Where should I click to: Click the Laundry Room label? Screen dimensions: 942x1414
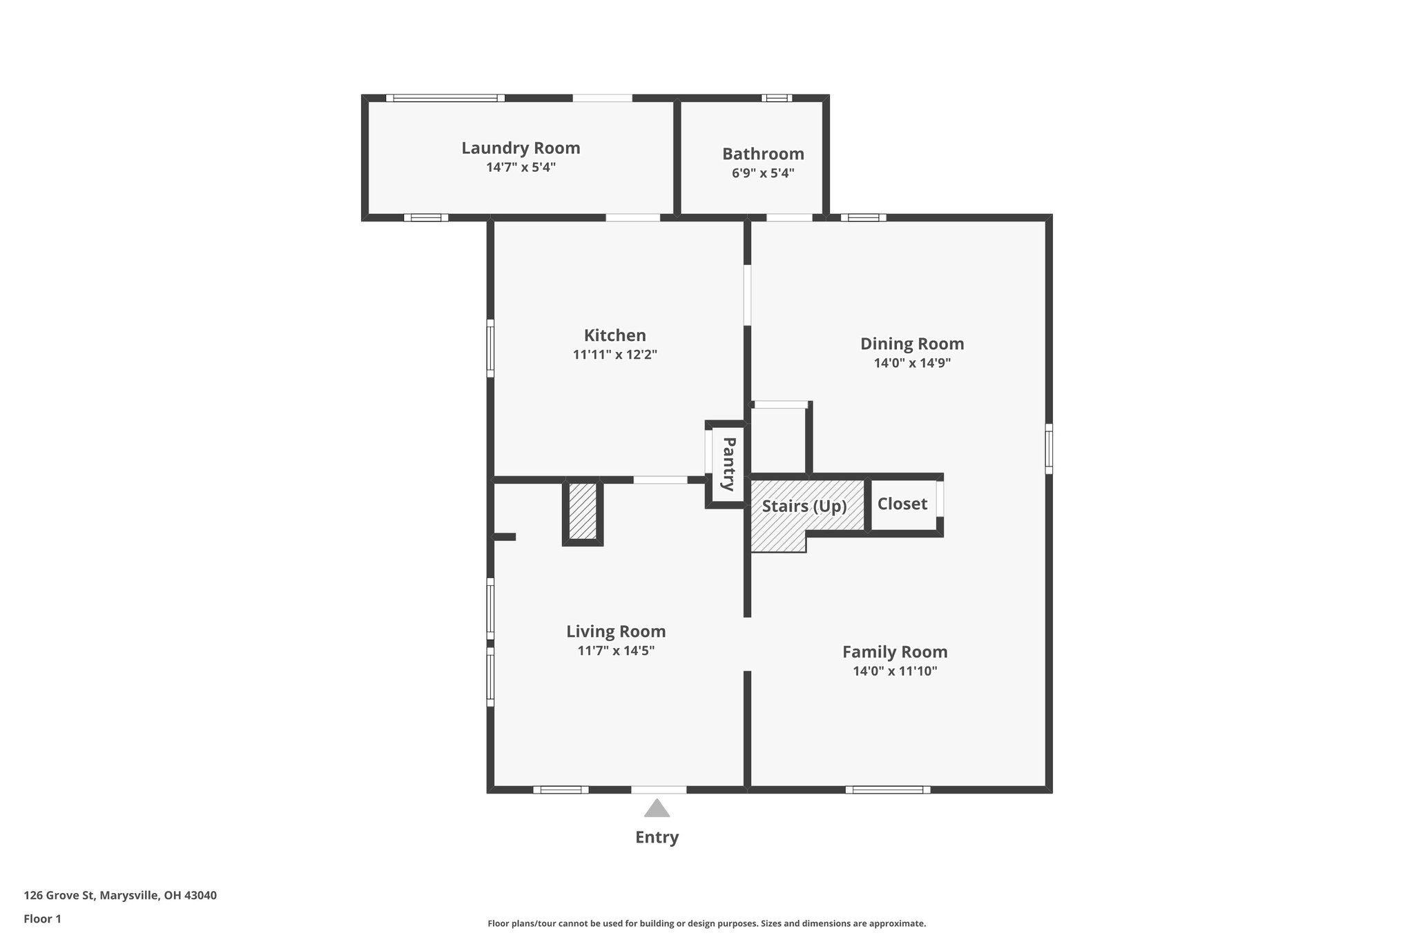[x=521, y=148]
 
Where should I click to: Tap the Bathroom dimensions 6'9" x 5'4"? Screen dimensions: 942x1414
[x=763, y=173]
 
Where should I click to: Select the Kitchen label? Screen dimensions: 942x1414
[x=614, y=335]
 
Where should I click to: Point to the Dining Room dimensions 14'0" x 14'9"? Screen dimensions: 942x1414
[x=912, y=363]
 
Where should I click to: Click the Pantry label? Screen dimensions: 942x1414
[x=728, y=464]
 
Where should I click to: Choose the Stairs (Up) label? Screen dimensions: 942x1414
[x=804, y=506]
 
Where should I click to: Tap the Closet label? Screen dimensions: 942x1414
[x=902, y=504]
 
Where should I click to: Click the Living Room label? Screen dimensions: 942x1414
[x=616, y=631]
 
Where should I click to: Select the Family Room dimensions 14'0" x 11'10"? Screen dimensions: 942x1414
[x=895, y=671]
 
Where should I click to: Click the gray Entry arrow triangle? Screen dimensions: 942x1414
[x=657, y=809]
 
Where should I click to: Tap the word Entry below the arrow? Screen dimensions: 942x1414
[x=657, y=837]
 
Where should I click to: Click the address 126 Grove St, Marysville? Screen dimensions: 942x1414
[x=120, y=895]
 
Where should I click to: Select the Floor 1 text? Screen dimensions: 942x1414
[x=42, y=919]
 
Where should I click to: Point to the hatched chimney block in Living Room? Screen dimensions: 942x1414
[x=583, y=511]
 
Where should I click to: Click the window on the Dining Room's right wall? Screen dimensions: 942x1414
[x=1048, y=449]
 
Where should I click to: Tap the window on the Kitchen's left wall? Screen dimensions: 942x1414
[x=490, y=348]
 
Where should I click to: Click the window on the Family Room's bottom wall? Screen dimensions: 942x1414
[x=887, y=789]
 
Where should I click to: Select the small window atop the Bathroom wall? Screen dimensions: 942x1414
[x=777, y=98]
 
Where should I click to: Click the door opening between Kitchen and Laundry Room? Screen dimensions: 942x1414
[x=632, y=217]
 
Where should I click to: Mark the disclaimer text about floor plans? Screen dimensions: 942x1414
[x=706, y=923]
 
